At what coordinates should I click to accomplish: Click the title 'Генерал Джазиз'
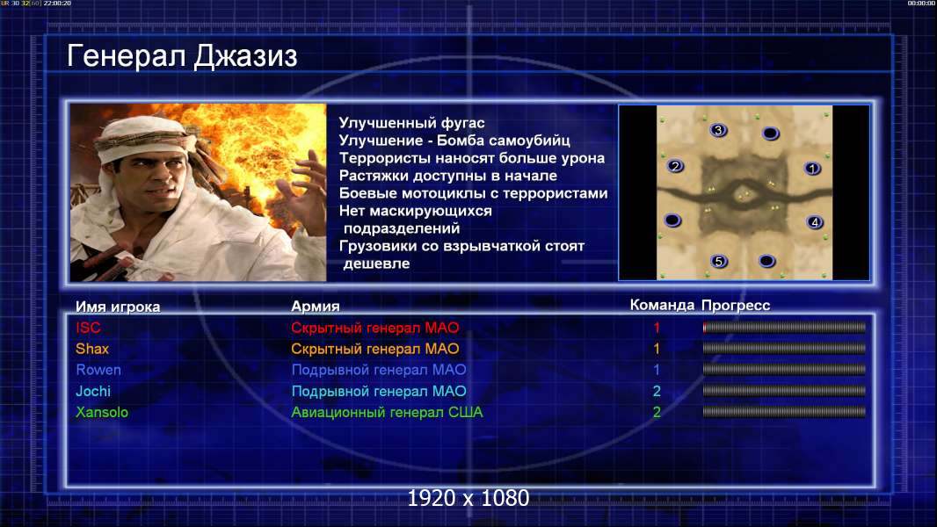[x=182, y=57]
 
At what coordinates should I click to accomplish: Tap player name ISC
[x=88, y=328]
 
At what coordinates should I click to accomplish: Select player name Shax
[x=92, y=349]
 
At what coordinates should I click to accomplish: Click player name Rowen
[x=98, y=370]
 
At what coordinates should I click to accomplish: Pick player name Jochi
[x=92, y=391]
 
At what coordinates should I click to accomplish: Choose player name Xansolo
[x=102, y=413]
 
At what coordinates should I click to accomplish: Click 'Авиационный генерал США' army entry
[x=387, y=413]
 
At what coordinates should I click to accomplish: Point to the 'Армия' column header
[x=315, y=307]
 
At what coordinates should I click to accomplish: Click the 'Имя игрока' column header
[x=118, y=307]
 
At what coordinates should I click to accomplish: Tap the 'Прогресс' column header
[x=736, y=306]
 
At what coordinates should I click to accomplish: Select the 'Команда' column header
[x=662, y=305]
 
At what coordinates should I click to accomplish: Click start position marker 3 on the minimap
[x=718, y=130]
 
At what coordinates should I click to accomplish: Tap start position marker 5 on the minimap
[x=719, y=261]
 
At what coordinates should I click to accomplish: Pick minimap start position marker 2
[x=675, y=166]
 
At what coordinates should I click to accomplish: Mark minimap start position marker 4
[x=815, y=222]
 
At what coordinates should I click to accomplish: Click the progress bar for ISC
[x=784, y=327]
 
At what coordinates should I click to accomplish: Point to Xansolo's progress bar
[x=784, y=412]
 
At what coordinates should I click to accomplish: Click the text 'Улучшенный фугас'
[x=411, y=123]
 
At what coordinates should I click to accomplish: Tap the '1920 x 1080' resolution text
[x=468, y=498]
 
